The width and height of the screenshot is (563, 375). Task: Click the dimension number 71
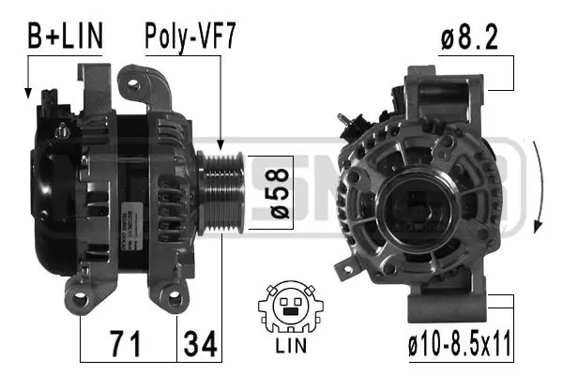[x=128, y=343]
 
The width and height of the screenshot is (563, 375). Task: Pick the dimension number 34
[x=199, y=343]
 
